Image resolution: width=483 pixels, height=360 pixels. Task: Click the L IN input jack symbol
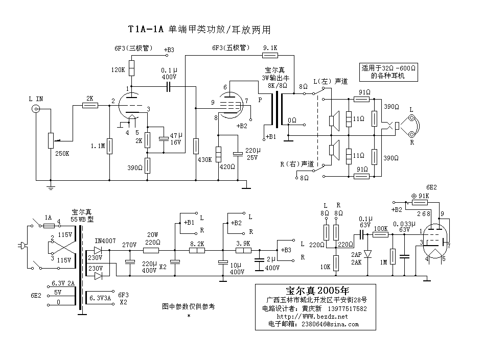tap(36, 109)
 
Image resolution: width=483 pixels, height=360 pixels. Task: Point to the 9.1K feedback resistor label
tap(269, 47)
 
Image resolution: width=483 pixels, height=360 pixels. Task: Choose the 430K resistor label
tap(204, 159)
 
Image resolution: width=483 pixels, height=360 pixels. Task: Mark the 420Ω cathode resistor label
tap(227, 166)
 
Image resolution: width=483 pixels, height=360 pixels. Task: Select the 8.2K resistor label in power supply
tap(197, 244)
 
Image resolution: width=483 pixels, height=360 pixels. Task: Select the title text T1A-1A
tap(146, 30)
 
